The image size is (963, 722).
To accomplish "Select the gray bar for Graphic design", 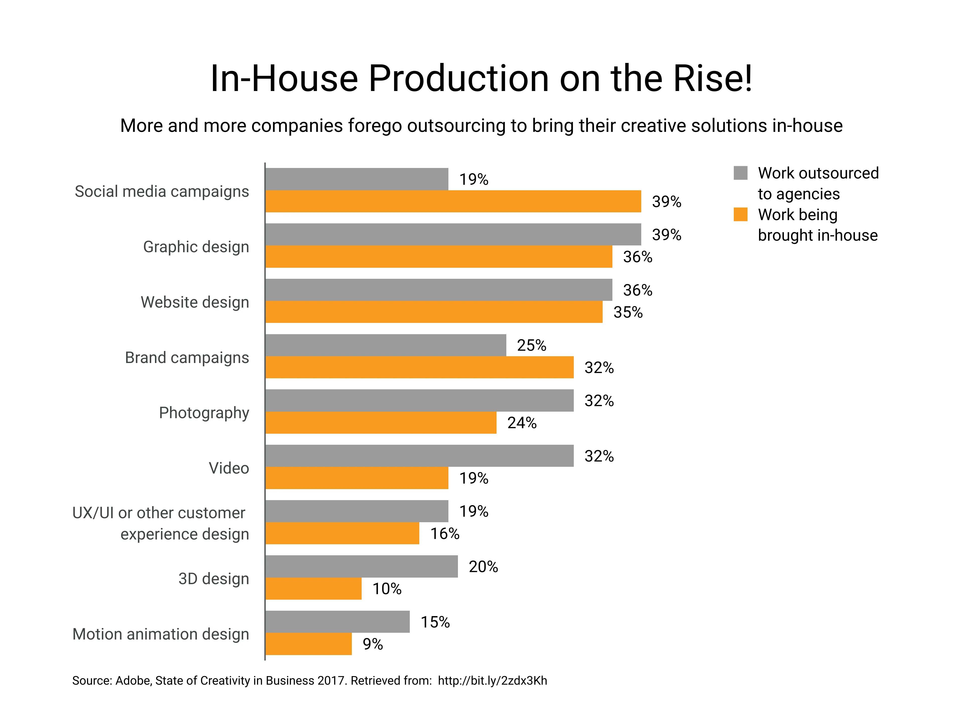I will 453,234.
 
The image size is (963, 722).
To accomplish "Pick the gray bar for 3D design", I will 361,566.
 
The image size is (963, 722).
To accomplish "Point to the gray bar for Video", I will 419,456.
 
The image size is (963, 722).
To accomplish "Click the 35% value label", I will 628,312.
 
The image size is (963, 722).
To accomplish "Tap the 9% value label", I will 373,644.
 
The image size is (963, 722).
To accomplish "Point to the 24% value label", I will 522,423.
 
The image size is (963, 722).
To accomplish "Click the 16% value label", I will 444,533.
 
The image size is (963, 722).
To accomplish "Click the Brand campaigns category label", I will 187,357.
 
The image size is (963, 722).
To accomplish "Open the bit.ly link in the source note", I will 492,681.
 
